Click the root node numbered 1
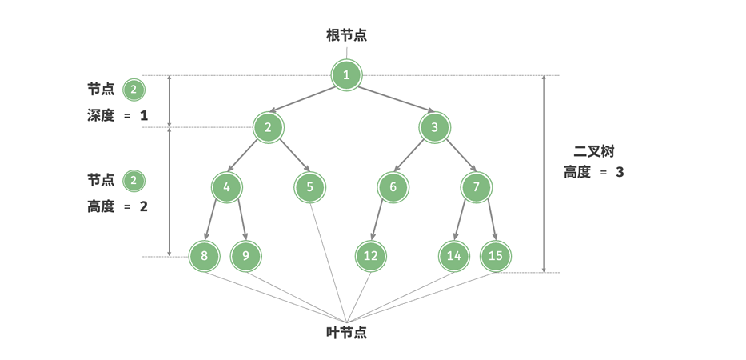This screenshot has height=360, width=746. (x=346, y=75)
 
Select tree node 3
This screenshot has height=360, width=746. (x=434, y=127)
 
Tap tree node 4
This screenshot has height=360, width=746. (x=227, y=187)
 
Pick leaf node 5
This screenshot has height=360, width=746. (x=309, y=187)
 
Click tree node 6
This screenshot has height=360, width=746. (x=393, y=187)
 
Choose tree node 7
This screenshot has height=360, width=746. (x=476, y=187)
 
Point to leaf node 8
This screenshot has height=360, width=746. (x=205, y=256)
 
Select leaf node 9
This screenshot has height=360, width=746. (x=245, y=256)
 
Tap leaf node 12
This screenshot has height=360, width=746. (x=371, y=256)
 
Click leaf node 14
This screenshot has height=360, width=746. (x=454, y=256)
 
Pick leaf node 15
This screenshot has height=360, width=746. (x=496, y=256)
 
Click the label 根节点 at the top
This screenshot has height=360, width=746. (x=346, y=35)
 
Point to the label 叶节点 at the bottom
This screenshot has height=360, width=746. (x=346, y=333)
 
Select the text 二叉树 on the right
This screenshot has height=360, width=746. (x=593, y=151)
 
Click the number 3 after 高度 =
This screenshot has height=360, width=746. (x=620, y=172)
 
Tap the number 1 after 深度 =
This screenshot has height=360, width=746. (x=144, y=116)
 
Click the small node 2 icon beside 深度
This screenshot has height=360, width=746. (x=134, y=89)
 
